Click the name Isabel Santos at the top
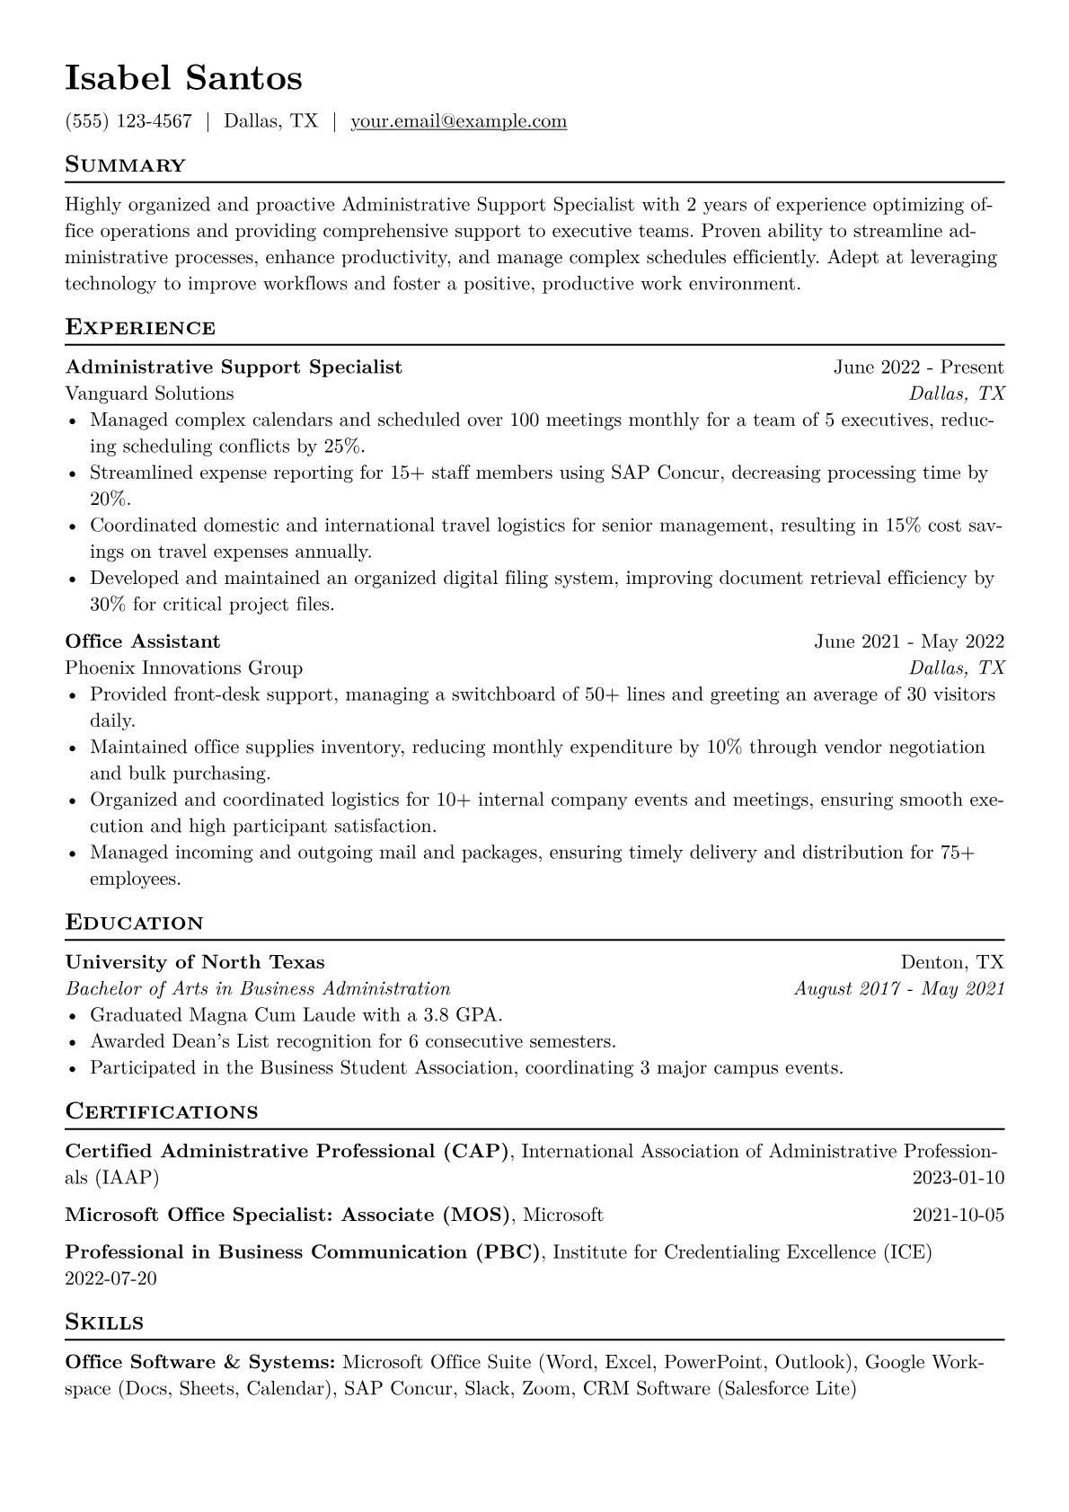point(183,79)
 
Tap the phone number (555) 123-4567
point(128,121)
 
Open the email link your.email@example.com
point(458,121)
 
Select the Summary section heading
point(126,165)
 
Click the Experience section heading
point(140,328)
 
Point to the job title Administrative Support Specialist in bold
point(234,367)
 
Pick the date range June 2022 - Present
point(918,367)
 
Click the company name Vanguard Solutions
point(149,393)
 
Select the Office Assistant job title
point(143,641)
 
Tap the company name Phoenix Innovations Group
point(184,668)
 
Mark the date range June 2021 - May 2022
point(909,641)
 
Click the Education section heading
point(135,924)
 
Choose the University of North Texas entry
point(195,963)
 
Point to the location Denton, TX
point(952,963)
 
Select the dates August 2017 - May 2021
point(899,989)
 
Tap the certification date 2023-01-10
point(959,1178)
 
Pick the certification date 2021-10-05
point(959,1216)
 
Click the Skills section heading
point(104,1322)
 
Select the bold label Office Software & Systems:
point(200,1363)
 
